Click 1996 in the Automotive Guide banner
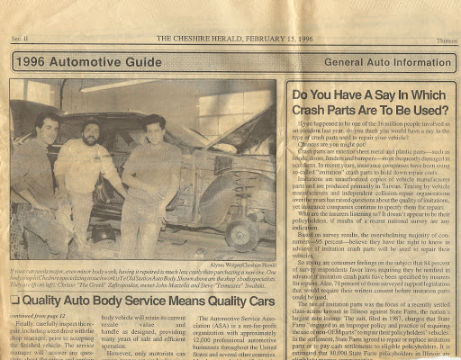tap(32, 63)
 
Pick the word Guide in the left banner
tap(144, 63)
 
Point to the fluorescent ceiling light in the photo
tap(117, 86)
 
